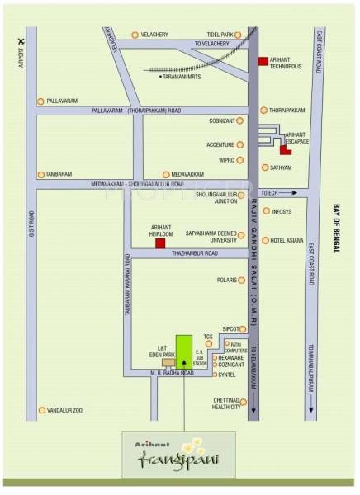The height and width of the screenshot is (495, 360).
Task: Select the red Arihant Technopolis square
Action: tap(263, 61)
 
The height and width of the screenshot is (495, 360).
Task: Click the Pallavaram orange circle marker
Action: tap(39, 101)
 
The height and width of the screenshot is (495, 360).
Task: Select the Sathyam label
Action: tap(281, 167)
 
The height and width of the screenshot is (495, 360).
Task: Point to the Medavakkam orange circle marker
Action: tap(166, 174)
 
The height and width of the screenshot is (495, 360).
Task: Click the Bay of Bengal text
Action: tap(336, 230)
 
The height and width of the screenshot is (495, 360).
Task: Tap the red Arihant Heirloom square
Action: tap(160, 243)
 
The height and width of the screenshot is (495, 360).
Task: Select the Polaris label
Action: tap(226, 280)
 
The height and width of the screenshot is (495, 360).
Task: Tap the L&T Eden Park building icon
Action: tap(168, 361)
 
